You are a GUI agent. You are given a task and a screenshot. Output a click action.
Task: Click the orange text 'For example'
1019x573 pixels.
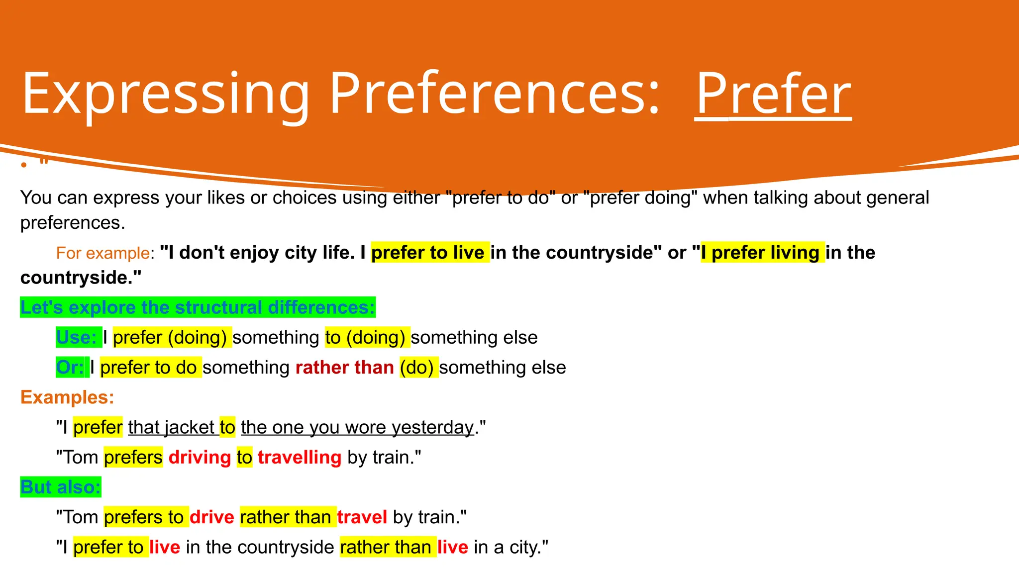coord(102,253)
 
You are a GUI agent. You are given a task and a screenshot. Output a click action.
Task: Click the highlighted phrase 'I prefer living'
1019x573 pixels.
coord(762,253)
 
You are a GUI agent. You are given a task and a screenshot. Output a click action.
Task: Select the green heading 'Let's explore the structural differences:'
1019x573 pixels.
coord(198,307)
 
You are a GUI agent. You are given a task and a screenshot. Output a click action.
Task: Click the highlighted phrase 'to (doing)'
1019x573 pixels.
coord(367,337)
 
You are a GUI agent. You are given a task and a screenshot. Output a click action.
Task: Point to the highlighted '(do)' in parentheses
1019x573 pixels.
coord(418,368)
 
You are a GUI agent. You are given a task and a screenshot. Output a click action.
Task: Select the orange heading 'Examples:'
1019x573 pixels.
coord(67,397)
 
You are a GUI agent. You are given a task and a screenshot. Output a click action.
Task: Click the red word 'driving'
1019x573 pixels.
coord(200,457)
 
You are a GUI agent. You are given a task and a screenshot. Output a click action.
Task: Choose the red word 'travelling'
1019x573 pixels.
coord(300,457)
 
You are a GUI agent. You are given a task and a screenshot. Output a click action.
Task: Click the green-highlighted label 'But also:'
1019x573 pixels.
coord(61,487)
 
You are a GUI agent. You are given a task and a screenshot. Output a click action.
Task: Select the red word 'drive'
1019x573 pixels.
coord(211,517)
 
